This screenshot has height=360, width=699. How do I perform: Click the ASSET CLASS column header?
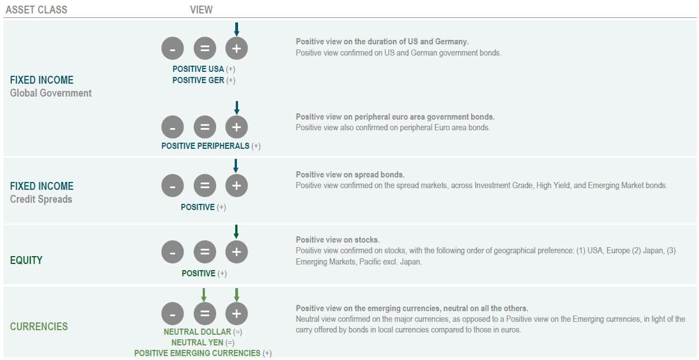pos(36,10)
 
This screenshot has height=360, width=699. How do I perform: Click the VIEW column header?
pos(202,10)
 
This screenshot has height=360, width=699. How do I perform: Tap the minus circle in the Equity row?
pos(172,252)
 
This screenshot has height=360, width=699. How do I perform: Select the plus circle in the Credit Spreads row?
pos(236,186)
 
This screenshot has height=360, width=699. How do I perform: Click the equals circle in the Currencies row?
pos(204,314)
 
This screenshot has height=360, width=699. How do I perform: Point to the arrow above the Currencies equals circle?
pos(204,294)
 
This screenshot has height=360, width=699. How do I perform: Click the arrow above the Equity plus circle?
pos(236,231)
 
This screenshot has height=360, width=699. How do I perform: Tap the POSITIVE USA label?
pos(198,69)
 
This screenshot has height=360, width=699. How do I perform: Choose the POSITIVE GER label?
pos(198,80)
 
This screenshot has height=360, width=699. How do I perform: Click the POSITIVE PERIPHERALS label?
pos(205,146)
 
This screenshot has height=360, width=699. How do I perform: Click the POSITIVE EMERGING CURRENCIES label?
pos(197,353)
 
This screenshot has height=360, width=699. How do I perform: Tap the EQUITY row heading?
pos(26,260)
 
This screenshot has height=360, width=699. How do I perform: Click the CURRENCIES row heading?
pos(39,326)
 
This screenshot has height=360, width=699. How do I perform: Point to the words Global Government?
pos(51,93)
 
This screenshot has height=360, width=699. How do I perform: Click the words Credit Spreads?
pos(41,199)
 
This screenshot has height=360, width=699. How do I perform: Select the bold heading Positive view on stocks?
pos(337,240)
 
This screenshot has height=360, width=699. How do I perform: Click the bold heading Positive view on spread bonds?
pos(350,175)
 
